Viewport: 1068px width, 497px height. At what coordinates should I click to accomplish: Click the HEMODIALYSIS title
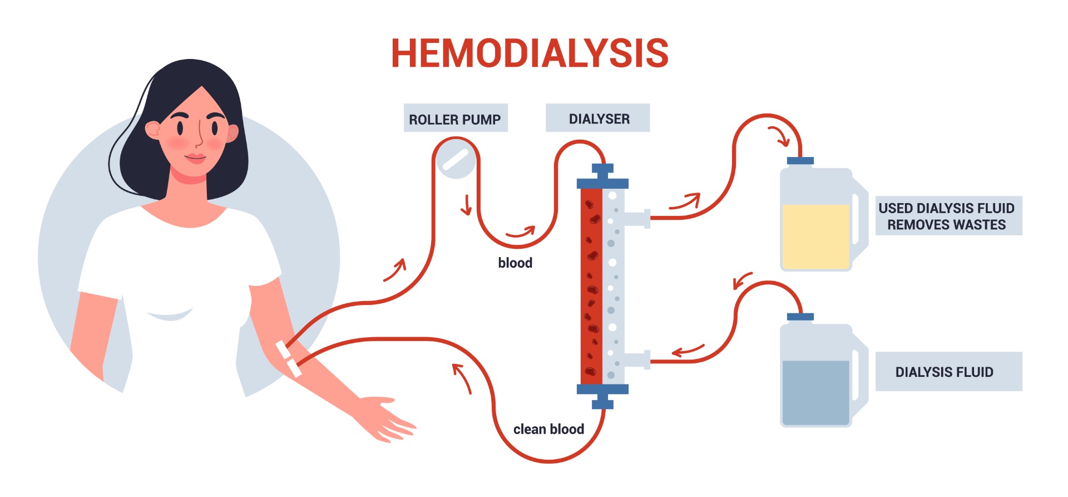coord(530,53)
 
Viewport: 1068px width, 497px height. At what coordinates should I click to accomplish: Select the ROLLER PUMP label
coord(455,119)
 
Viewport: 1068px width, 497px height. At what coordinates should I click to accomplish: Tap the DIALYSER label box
coord(597,118)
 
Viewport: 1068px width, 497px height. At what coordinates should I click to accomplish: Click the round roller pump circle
coord(456,160)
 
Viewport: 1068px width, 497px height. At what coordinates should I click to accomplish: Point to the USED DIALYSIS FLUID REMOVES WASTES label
coord(948,216)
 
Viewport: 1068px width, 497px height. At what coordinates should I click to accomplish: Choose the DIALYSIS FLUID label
coord(948,372)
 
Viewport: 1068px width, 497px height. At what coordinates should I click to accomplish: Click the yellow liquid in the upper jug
coord(815,236)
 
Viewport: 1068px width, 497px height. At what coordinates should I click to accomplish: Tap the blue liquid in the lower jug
coord(815,392)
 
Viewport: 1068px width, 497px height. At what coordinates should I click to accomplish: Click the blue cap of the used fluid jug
coord(800,161)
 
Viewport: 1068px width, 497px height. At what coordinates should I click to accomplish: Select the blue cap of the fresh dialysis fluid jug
coord(800,317)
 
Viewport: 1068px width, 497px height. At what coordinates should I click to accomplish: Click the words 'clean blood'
coord(548,429)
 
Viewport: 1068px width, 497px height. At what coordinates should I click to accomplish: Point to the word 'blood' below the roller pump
coord(515,263)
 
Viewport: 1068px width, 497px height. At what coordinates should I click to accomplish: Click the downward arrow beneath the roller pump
coord(466,205)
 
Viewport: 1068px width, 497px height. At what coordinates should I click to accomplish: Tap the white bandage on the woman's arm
coord(289,358)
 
